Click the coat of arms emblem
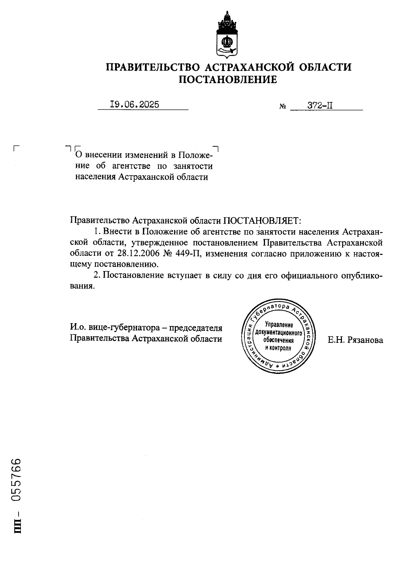tap(228, 35)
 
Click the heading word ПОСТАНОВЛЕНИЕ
tap(228, 80)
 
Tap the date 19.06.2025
tap(134, 105)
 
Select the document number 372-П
tap(320, 106)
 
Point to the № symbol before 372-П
tap(283, 107)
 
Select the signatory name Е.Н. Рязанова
tap(355, 340)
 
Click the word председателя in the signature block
tap(196, 328)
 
